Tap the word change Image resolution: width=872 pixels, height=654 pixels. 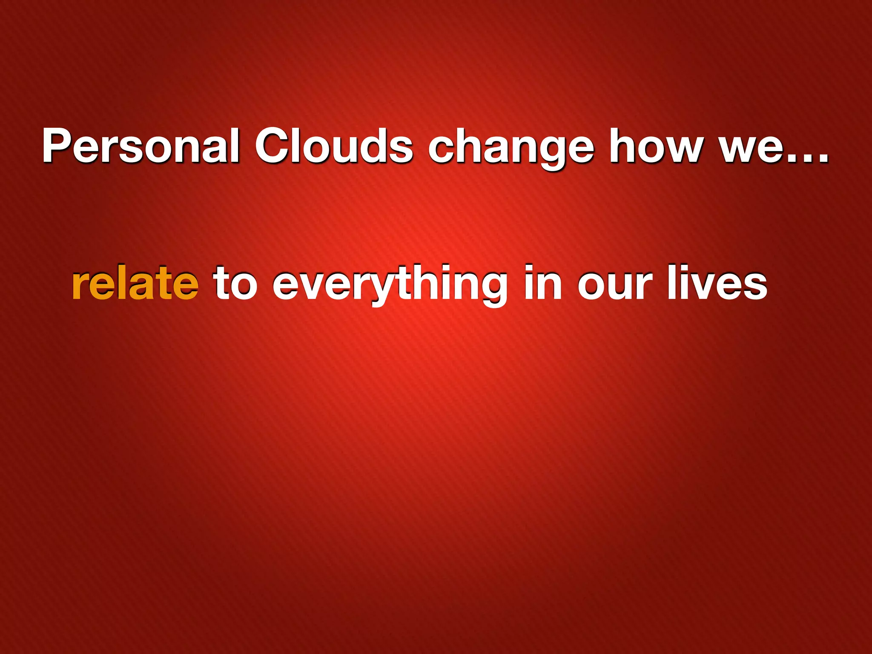coord(511,149)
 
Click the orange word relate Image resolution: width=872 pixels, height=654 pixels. coord(135,283)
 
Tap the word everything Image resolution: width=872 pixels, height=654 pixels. coord(390,284)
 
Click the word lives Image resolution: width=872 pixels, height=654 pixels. coord(717,283)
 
